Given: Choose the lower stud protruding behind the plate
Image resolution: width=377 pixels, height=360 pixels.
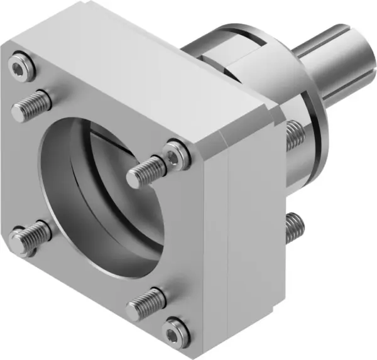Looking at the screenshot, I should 294,227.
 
